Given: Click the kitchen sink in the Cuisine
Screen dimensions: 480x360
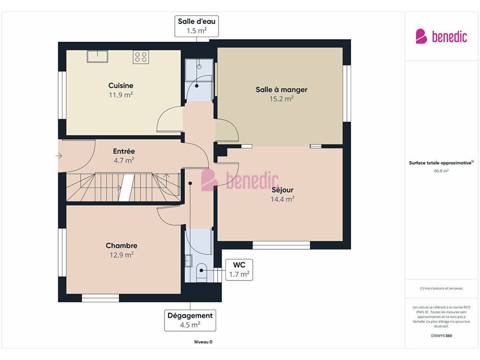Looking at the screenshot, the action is pos(97,57).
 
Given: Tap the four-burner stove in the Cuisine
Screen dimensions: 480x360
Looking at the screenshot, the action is pos(141,57).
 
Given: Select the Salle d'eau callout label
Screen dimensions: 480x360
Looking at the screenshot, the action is pos(196,26).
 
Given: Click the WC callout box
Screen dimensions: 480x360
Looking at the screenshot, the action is pos(239,270).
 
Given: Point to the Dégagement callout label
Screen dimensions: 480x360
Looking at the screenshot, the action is pos(190,321).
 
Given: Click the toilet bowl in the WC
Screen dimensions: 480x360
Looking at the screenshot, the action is pos(202,271).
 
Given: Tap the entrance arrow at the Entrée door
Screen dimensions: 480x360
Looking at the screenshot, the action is pos(59,156).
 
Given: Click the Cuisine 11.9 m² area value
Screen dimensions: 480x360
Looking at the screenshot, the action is pos(120,95).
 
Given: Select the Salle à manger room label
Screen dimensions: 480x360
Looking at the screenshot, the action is pos(281,90).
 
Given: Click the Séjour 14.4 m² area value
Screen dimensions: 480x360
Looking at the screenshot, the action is pos(282,199).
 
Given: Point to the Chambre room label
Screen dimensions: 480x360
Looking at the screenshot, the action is pos(121,246).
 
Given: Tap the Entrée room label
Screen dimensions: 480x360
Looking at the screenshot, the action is pos(124,151).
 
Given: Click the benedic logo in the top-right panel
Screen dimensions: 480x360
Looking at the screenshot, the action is pos(441,36).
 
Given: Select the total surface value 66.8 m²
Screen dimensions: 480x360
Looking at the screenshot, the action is pos(441,171).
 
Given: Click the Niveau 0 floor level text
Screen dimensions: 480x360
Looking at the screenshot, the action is pos(203,342).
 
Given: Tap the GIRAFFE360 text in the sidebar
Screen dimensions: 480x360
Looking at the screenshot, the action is pos(441,336).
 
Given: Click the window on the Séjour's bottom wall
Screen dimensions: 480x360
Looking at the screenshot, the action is pos(281,245).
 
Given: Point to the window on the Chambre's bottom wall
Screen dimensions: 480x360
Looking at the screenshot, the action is pos(100,298).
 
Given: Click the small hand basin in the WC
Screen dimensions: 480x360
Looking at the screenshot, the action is pos(188,261).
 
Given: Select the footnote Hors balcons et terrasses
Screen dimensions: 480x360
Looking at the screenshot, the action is pos(441,288).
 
